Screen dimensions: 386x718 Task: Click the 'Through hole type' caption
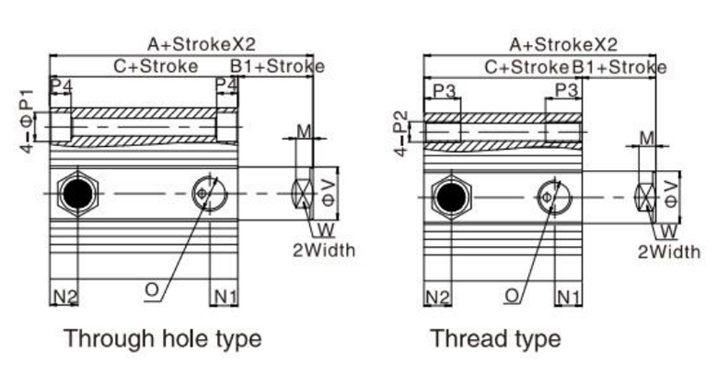tap(162, 338)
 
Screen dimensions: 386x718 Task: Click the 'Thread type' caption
tap(495, 338)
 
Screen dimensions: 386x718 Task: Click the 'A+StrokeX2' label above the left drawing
tap(202, 43)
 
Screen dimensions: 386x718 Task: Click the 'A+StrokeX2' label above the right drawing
tap(562, 44)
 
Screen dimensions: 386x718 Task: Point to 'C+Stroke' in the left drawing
tap(156, 67)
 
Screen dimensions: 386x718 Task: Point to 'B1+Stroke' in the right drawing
tap(620, 67)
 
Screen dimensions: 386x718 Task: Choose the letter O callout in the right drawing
tap(513, 295)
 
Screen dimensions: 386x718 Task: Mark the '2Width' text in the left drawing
tap(324, 249)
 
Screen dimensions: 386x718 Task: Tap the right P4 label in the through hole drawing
tap(226, 85)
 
